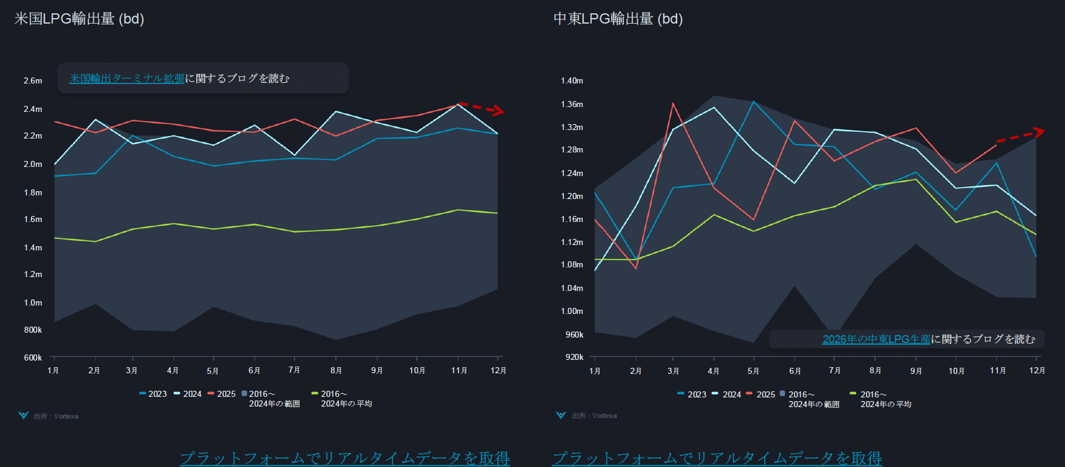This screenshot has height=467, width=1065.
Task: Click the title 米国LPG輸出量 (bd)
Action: coord(79,19)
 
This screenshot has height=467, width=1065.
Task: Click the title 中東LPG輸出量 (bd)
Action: coord(618,19)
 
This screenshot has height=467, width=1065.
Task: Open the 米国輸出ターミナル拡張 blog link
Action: coord(126,79)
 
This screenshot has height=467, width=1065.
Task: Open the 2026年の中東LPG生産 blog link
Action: coord(876,339)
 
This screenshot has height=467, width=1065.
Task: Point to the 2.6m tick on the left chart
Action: coord(33,80)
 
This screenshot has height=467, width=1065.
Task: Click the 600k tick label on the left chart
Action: coord(33,358)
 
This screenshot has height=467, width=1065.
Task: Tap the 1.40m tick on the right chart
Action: coord(572,80)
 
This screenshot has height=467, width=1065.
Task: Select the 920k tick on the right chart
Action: coord(574,357)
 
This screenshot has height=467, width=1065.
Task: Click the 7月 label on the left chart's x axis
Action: coord(294,370)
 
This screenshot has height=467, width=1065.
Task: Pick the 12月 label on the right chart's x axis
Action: coord(1037,370)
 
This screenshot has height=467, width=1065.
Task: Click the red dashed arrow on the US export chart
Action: coord(482,108)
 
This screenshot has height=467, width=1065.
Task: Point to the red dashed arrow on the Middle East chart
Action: coord(1021,136)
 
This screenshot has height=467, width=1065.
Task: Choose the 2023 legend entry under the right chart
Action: coord(692,394)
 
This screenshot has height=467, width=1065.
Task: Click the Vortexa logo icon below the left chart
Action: coord(24,416)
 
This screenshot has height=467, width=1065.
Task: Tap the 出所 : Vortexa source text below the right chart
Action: coord(594,416)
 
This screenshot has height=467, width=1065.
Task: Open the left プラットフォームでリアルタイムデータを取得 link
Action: coord(345,458)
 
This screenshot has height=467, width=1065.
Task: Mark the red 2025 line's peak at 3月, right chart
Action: coord(673,103)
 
